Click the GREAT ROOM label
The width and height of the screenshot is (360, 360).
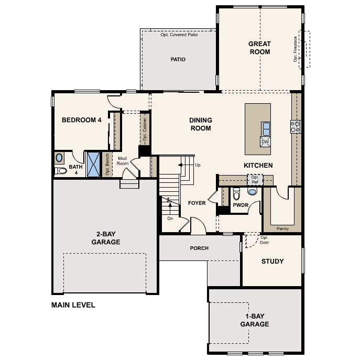(x=259, y=48)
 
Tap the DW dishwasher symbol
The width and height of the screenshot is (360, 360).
(x=265, y=142)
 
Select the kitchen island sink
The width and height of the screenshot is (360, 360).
(x=266, y=127)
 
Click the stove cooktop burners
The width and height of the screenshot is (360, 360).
(x=296, y=126)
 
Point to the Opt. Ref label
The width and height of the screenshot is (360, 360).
(x=255, y=180)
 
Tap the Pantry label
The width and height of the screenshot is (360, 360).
(x=283, y=228)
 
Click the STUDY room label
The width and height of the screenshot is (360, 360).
(x=272, y=261)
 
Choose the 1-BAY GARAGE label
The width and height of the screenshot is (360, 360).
(x=255, y=320)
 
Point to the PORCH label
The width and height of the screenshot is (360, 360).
(x=199, y=248)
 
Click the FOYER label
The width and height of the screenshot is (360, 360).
(x=197, y=203)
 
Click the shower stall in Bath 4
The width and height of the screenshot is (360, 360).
(x=93, y=165)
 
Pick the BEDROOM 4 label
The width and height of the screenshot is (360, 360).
(x=81, y=120)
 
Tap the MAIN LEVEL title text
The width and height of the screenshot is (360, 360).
(x=73, y=305)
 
